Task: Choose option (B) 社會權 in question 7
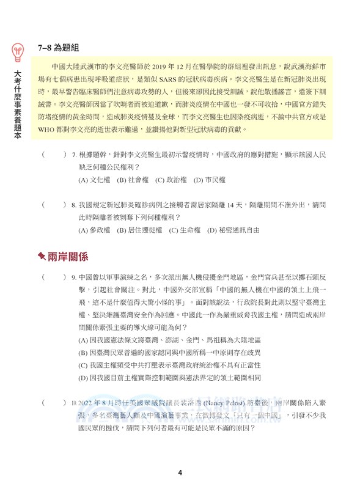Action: (x=130, y=180)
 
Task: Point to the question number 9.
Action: (x=74, y=278)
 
